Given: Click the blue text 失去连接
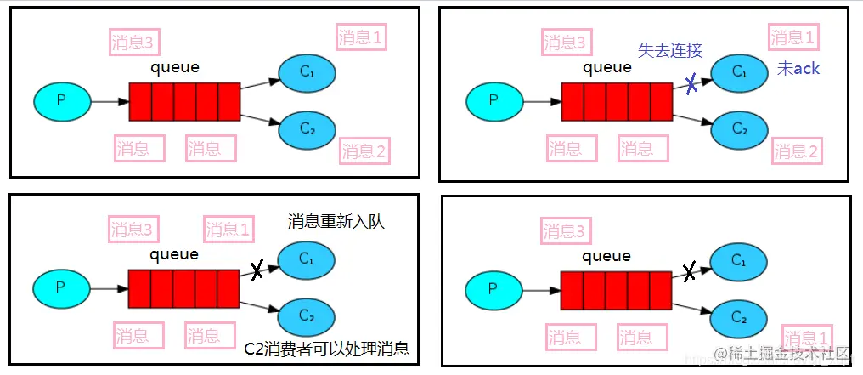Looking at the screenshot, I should click(x=670, y=50).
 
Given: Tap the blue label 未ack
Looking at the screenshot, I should click(x=798, y=69).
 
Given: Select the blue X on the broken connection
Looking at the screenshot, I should click(x=692, y=83).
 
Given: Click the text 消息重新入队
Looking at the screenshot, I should click(x=336, y=223).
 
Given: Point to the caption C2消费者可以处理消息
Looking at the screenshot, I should click(x=327, y=348).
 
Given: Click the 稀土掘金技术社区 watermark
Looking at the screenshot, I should click(x=781, y=353).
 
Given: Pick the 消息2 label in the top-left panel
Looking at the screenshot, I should click(x=364, y=151).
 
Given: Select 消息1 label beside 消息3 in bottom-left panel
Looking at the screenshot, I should click(x=229, y=230).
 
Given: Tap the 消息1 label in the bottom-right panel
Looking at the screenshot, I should click(x=807, y=338).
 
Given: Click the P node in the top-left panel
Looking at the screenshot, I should click(x=61, y=100).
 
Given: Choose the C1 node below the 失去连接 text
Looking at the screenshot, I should click(x=739, y=71).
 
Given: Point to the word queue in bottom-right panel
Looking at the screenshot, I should click(x=607, y=256).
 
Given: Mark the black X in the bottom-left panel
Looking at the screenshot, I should click(x=257, y=271).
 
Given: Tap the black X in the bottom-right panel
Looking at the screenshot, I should click(x=690, y=272).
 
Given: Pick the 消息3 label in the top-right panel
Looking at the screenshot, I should click(x=565, y=42).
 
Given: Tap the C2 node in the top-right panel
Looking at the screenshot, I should click(x=739, y=129).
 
